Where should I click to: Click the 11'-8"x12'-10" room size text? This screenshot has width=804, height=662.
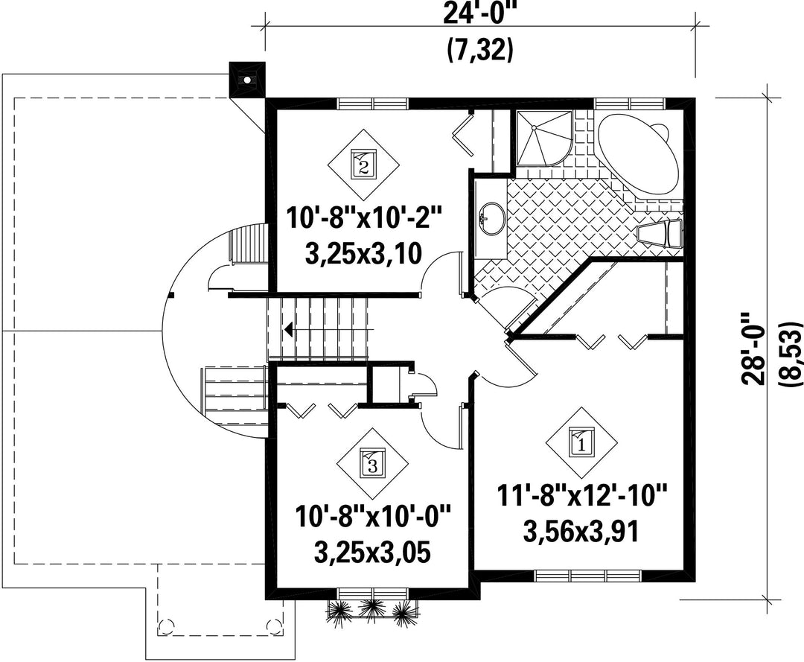click(x=581, y=498)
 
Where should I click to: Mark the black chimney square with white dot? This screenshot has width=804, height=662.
click(x=247, y=80)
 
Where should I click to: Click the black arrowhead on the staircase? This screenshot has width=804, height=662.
click(x=289, y=328)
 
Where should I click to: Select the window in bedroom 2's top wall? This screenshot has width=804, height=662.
click(x=373, y=103)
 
